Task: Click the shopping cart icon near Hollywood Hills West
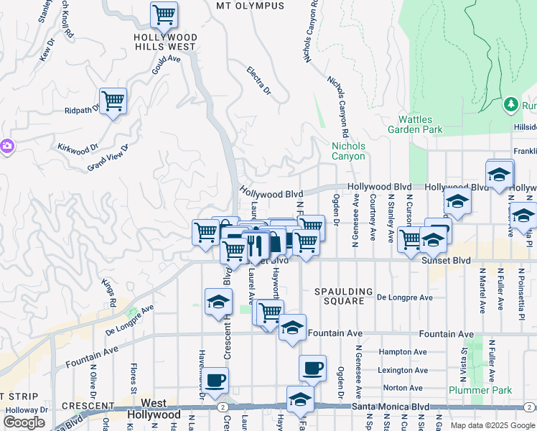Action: (x=164, y=14)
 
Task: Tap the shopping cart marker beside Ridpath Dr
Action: (x=113, y=101)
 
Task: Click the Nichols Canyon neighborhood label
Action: (x=348, y=151)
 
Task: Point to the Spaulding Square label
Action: (x=344, y=296)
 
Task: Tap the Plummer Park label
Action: (x=480, y=390)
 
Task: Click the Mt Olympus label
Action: (x=250, y=6)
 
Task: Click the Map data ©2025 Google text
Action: (x=492, y=425)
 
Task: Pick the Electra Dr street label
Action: (x=258, y=82)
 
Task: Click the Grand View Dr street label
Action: (x=107, y=158)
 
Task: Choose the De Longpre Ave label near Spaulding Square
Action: (x=405, y=297)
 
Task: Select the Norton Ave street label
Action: (x=402, y=388)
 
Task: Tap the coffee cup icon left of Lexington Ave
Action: (x=312, y=369)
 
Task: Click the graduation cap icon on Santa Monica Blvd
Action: (x=300, y=399)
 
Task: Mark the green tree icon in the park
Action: (x=511, y=105)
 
